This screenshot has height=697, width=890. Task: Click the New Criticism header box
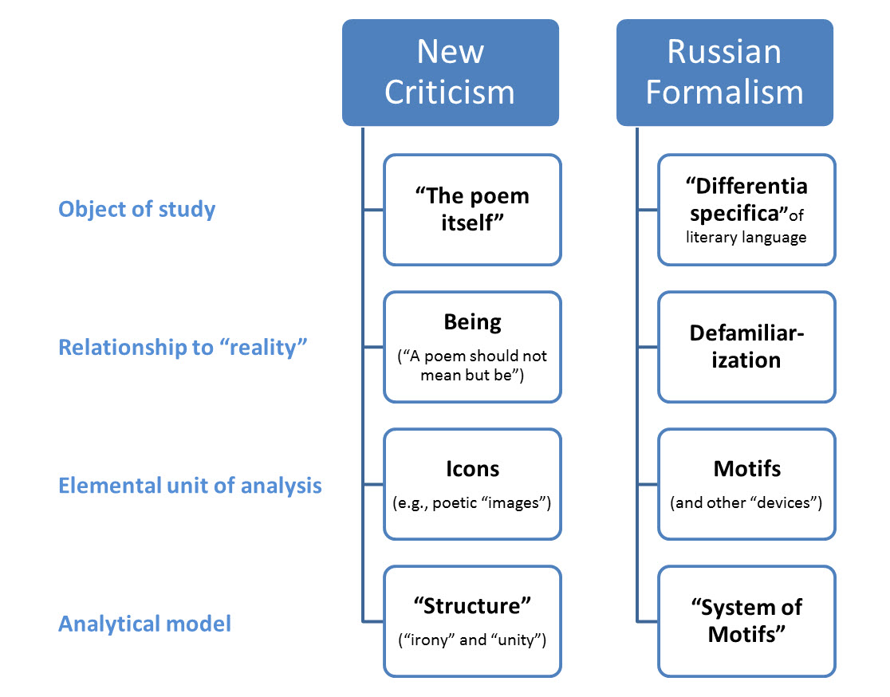[450, 73]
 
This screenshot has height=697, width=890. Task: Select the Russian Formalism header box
[724, 73]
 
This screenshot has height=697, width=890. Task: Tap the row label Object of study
[137, 210]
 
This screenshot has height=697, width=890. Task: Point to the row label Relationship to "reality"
[183, 348]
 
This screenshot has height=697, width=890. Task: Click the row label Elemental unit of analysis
[190, 485]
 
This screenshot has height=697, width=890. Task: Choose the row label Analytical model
[144, 623]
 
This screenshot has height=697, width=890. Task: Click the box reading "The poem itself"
[472, 210]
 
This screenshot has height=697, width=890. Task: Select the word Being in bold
[472, 322]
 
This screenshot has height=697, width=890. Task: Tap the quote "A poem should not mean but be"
[472, 365]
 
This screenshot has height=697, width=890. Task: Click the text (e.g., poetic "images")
[472, 503]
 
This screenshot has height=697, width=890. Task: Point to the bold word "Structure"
[472, 605]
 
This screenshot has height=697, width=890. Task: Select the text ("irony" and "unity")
[472, 640]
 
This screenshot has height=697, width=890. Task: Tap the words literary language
[746, 237]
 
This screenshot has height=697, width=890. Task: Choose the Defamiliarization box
[746, 347]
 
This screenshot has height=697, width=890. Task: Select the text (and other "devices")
[746, 503]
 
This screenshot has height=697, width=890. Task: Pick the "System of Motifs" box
[746, 621]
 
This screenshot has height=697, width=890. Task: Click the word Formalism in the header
[724, 92]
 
